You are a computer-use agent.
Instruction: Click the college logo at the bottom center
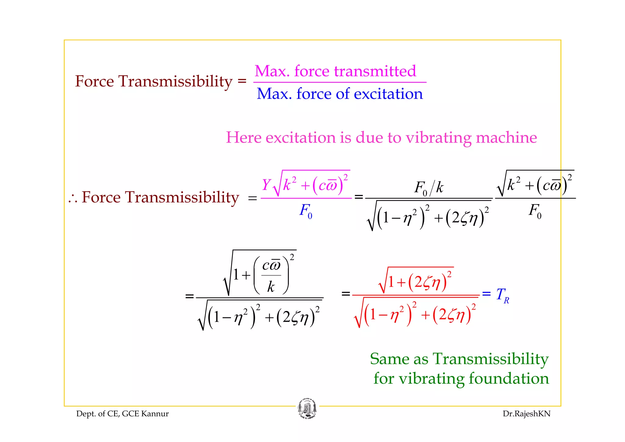[x=307, y=409]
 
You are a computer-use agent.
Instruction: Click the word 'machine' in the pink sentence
[x=506, y=138]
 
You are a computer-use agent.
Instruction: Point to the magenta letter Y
[x=266, y=185]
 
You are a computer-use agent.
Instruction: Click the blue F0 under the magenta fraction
[x=305, y=211]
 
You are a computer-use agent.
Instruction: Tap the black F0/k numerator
[x=428, y=188]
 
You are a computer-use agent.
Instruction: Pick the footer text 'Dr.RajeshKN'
[x=526, y=414]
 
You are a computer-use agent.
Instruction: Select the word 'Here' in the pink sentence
[x=243, y=138]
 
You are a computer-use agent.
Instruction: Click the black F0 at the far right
[x=535, y=211]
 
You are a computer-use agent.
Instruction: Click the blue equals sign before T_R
[x=486, y=294]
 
